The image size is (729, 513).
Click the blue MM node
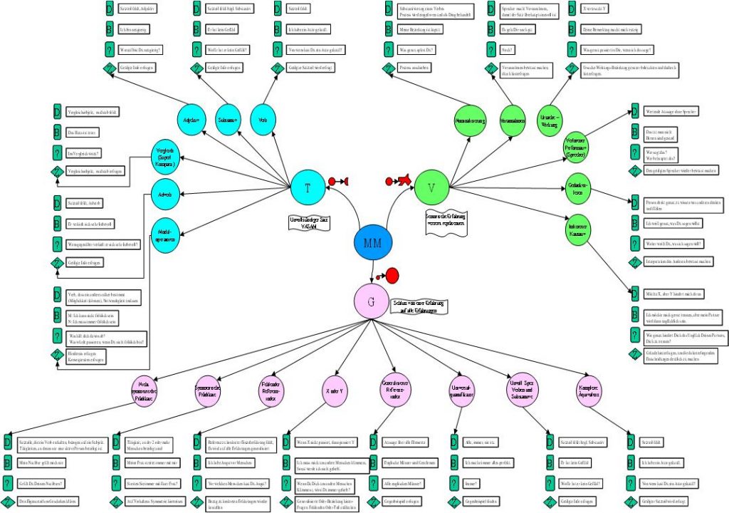point(373,244)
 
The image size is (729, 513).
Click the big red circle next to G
point(392,275)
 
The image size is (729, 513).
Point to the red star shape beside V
point(404,181)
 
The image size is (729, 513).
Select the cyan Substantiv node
point(227,120)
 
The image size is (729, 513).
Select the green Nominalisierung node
point(470,121)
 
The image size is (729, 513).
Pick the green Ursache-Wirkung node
point(550,120)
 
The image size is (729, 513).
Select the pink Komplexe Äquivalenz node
point(592,390)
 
